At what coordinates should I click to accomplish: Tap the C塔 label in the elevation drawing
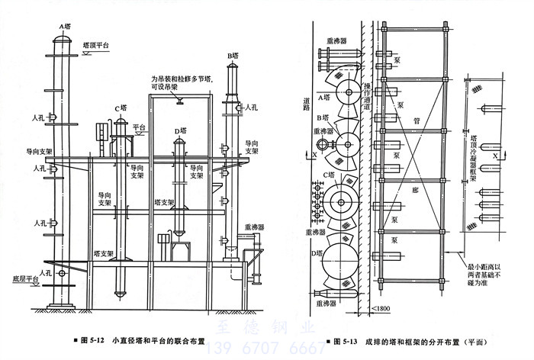click(x=121, y=109)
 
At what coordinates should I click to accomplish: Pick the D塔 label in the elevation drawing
click(x=179, y=132)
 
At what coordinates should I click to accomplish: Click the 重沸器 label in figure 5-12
click(x=255, y=227)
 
